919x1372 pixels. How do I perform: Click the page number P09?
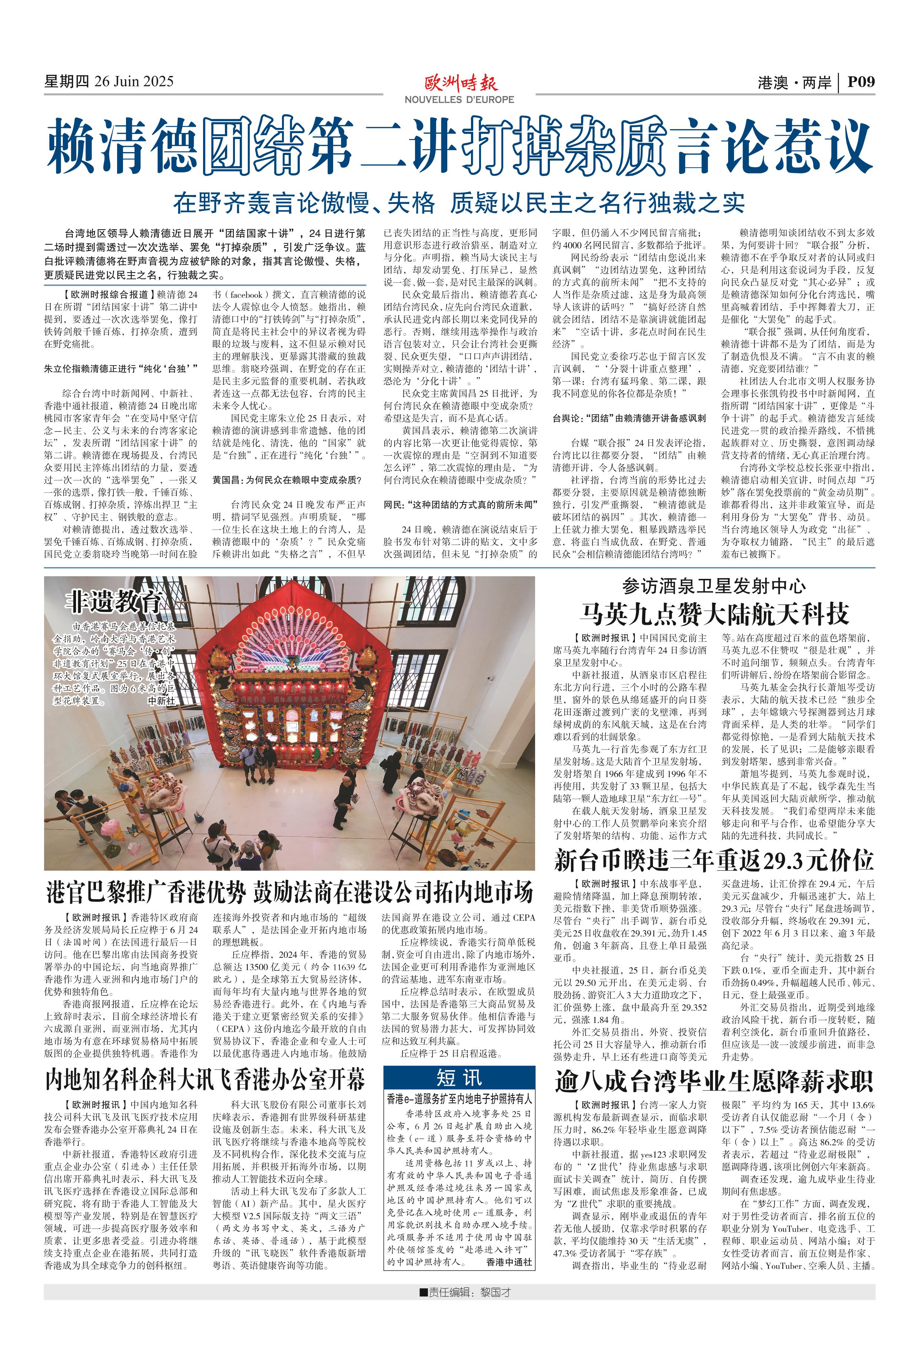point(861,82)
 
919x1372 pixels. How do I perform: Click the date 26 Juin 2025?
point(134,82)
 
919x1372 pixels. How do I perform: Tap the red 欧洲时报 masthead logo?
point(461,83)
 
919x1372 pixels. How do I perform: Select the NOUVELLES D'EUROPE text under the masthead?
point(459,100)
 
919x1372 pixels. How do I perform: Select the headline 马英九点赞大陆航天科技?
point(714,614)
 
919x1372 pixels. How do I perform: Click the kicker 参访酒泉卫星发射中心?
point(714,586)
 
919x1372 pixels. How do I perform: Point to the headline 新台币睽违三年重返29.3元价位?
point(714,860)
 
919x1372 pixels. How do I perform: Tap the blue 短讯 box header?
point(459,1078)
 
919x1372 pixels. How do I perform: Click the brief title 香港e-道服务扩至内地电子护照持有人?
point(459,1099)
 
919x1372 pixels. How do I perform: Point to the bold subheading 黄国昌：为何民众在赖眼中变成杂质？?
point(287,479)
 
